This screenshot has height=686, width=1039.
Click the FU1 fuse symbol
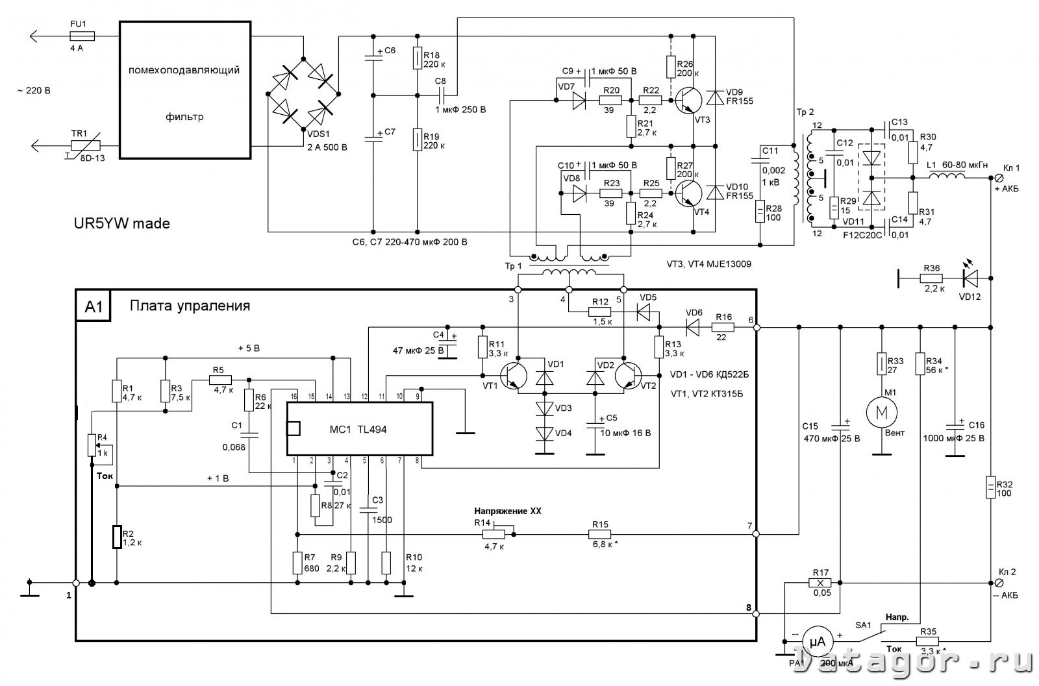pos(82,36)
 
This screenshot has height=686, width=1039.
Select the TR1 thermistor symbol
pos(86,145)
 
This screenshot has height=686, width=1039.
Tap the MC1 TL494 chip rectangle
pos(360,429)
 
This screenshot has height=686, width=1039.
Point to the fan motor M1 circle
pos(881,412)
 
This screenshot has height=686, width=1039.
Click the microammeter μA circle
pos(818,641)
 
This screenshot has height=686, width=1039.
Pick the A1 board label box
pos(94,306)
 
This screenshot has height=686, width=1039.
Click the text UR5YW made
pos(122,223)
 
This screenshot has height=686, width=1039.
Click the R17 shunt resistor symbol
pos(820,583)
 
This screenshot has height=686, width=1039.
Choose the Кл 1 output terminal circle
pos(999,178)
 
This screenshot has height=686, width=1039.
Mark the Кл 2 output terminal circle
pos(999,583)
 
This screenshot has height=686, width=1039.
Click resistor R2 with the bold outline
pos(117,537)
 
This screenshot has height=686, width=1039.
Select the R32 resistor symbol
pos(990,487)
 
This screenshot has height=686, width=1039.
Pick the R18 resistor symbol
pos(418,58)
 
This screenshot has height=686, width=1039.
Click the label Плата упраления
pos(190,306)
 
